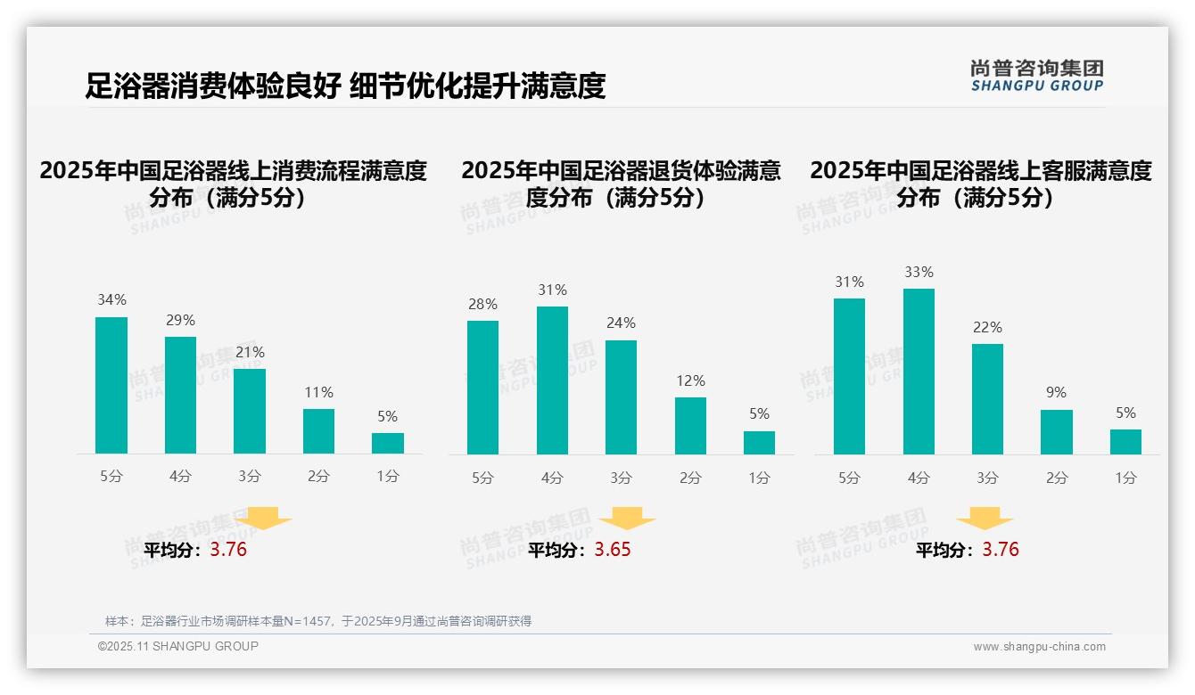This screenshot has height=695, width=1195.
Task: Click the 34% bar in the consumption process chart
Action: (111, 385)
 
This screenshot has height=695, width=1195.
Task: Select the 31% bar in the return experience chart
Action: (552, 380)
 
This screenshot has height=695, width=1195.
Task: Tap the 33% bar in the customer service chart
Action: (919, 372)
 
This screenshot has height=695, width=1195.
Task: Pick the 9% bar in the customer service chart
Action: (1057, 432)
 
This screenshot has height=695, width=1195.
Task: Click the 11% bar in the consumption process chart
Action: (318, 431)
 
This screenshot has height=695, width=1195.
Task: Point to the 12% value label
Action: (690, 380)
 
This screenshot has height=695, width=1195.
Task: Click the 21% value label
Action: (250, 352)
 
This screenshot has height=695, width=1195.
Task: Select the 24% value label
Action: (621, 323)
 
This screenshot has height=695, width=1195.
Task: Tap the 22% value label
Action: (987, 327)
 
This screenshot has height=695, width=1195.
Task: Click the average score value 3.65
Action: (613, 550)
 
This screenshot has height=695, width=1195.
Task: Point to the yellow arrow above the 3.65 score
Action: (627, 519)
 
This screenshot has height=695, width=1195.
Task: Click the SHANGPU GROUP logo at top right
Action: (1037, 76)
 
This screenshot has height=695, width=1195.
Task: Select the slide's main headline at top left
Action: (345, 86)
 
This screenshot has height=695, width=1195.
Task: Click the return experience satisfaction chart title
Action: (621, 184)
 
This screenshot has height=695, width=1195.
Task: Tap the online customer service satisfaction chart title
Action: (981, 184)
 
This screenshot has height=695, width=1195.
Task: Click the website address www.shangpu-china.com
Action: (1039, 647)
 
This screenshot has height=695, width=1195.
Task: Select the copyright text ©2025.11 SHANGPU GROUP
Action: (178, 646)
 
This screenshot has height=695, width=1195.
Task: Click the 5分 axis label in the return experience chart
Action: (482, 478)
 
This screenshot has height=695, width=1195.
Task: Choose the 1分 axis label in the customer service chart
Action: (1125, 478)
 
